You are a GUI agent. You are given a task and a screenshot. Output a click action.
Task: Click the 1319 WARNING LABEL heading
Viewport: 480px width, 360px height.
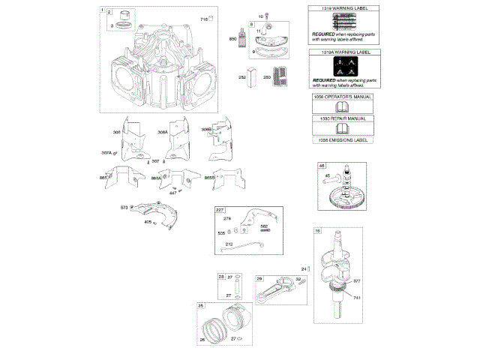pyautogui.click(x=340, y=8)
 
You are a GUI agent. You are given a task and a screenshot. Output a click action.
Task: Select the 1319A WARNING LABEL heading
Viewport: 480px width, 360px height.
pyautogui.click(x=340, y=53)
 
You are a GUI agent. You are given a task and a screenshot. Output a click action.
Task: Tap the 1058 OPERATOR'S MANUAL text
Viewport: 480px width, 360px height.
pyautogui.click(x=340, y=98)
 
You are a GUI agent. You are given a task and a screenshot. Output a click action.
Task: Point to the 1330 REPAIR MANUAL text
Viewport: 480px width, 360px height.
pyautogui.click(x=340, y=118)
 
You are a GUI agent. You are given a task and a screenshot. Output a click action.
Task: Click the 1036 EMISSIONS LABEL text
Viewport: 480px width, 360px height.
pyautogui.click(x=340, y=139)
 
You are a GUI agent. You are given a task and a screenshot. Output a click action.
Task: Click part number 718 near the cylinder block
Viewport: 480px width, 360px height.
pyautogui.click(x=202, y=18)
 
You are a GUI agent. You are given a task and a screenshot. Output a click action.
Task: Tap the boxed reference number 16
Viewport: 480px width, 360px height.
pyautogui.click(x=318, y=231)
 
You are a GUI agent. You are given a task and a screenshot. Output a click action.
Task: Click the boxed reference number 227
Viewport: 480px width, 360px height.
pyautogui.click(x=220, y=210)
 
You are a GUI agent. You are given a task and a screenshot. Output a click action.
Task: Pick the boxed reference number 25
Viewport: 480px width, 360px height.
pyautogui.click(x=200, y=305)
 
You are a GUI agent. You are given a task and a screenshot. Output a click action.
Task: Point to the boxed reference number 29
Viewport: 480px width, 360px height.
pyautogui.click(x=259, y=278)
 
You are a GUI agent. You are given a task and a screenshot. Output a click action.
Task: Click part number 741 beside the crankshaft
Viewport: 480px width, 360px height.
pyautogui.click(x=357, y=298)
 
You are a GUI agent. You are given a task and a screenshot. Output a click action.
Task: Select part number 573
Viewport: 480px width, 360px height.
pyautogui.click(x=124, y=207)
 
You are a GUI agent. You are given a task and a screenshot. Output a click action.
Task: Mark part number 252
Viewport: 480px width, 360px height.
pyautogui.click(x=242, y=76)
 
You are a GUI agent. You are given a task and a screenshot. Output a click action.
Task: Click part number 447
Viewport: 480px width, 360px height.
pyautogui.click(x=172, y=193)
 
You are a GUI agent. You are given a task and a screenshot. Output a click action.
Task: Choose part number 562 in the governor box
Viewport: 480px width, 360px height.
pyautogui.click(x=264, y=226)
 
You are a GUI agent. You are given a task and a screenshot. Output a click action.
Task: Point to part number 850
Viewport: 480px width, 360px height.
pyautogui.click(x=232, y=39)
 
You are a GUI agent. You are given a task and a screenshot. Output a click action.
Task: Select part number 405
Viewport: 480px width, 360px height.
pyautogui.click(x=148, y=222)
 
